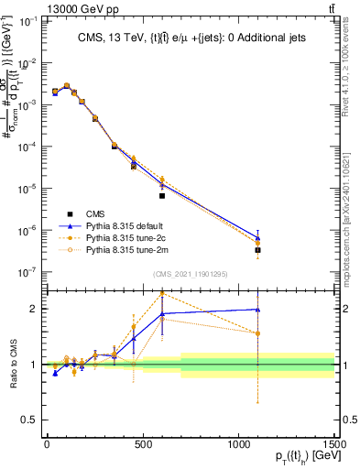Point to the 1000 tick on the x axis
238,442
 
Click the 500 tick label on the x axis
143,442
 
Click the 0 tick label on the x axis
48,442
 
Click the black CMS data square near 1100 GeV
257,249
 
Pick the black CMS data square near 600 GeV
162,195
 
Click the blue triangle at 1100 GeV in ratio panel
257,310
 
